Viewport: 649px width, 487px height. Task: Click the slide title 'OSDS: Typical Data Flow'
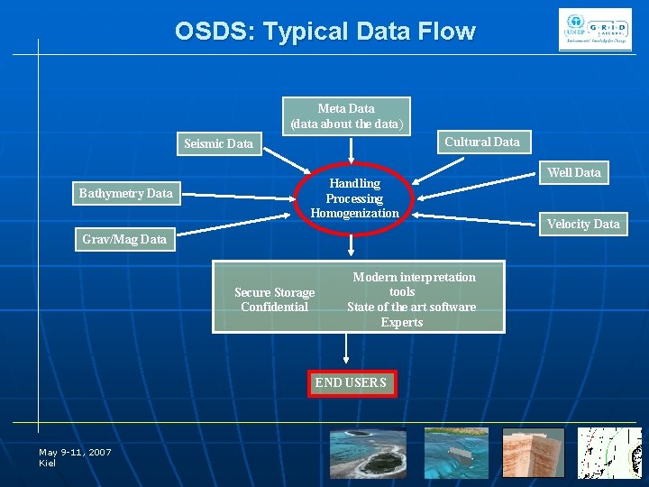pyautogui.click(x=324, y=32)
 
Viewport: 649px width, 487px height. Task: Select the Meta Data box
pyautogui.click(x=347, y=115)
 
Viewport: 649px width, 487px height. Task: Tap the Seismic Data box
pyautogui.click(x=218, y=143)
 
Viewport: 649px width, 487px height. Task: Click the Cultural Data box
pyautogui.click(x=481, y=142)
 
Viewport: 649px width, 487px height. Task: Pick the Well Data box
pyautogui.click(x=574, y=172)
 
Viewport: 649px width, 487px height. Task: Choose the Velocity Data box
pyautogui.click(x=583, y=224)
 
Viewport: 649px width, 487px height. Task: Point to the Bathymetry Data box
pyautogui.click(x=125, y=193)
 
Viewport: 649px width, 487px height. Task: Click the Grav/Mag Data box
pyautogui.click(x=124, y=239)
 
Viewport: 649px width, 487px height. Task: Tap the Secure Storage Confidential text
pyautogui.click(x=274, y=299)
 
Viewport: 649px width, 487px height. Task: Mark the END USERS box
pyautogui.click(x=350, y=383)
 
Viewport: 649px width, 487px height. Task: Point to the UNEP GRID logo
pyautogui.click(x=595, y=32)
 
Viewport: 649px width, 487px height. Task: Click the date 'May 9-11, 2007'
pyautogui.click(x=75, y=452)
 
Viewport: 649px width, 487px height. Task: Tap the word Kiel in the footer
pyautogui.click(x=48, y=463)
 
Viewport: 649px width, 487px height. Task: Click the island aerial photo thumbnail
pyautogui.click(x=367, y=453)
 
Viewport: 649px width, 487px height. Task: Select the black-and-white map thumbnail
pyautogui.click(x=609, y=453)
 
